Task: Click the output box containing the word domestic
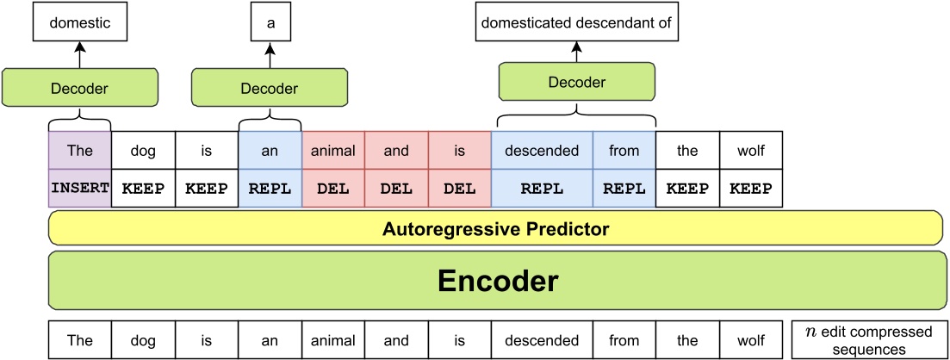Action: [80, 25]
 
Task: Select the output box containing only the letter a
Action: [269, 25]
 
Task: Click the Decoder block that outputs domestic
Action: [80, 88]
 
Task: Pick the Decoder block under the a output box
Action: [269, 88]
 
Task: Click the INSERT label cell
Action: [80, 189]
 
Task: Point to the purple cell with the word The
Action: [80, 151]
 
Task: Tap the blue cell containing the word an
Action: [270, 151]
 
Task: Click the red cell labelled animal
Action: [332, 151]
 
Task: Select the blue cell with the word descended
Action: [542, 151]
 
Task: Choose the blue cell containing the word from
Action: [624, 151]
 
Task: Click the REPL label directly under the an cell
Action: [270, 189]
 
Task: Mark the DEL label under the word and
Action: [396, 189]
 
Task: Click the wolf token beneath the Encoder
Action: [750, 339]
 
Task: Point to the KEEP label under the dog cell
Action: [144, 189]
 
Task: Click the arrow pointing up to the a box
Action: [269, 56]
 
